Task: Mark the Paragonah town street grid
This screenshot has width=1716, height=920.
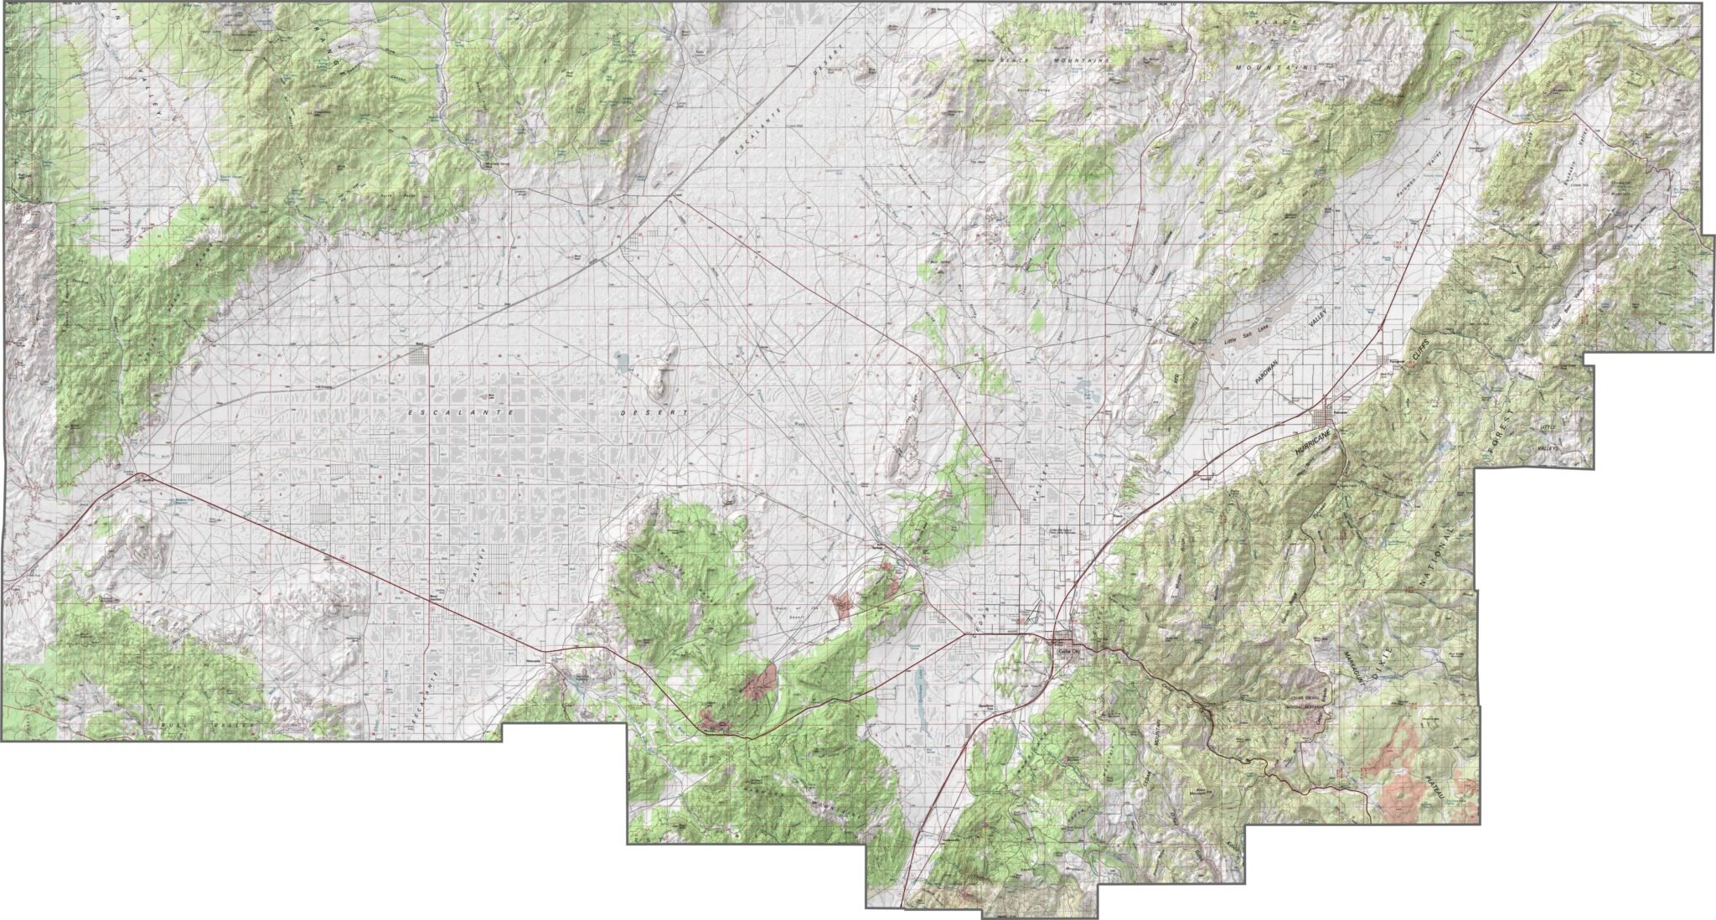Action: [1388, 361]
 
